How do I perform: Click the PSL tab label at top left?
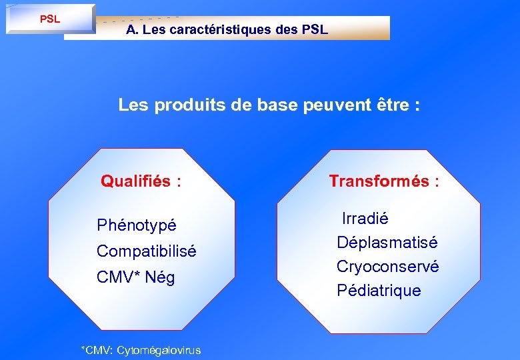(50, 19)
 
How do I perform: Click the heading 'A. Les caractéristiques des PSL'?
(227, 30)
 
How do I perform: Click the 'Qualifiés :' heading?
(141, 181)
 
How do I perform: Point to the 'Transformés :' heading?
(384, 181)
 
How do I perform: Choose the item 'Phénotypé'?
(137, 226)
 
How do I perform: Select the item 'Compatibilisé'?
(147, 251)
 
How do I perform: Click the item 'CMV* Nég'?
(136, 277)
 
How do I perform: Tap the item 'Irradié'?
(365, 219)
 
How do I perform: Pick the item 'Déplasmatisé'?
(387, 242)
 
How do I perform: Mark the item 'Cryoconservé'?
(387, 267)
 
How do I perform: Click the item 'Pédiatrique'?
(379, 291)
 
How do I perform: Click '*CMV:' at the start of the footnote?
(95, 350)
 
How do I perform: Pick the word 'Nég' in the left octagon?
(159, 277)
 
